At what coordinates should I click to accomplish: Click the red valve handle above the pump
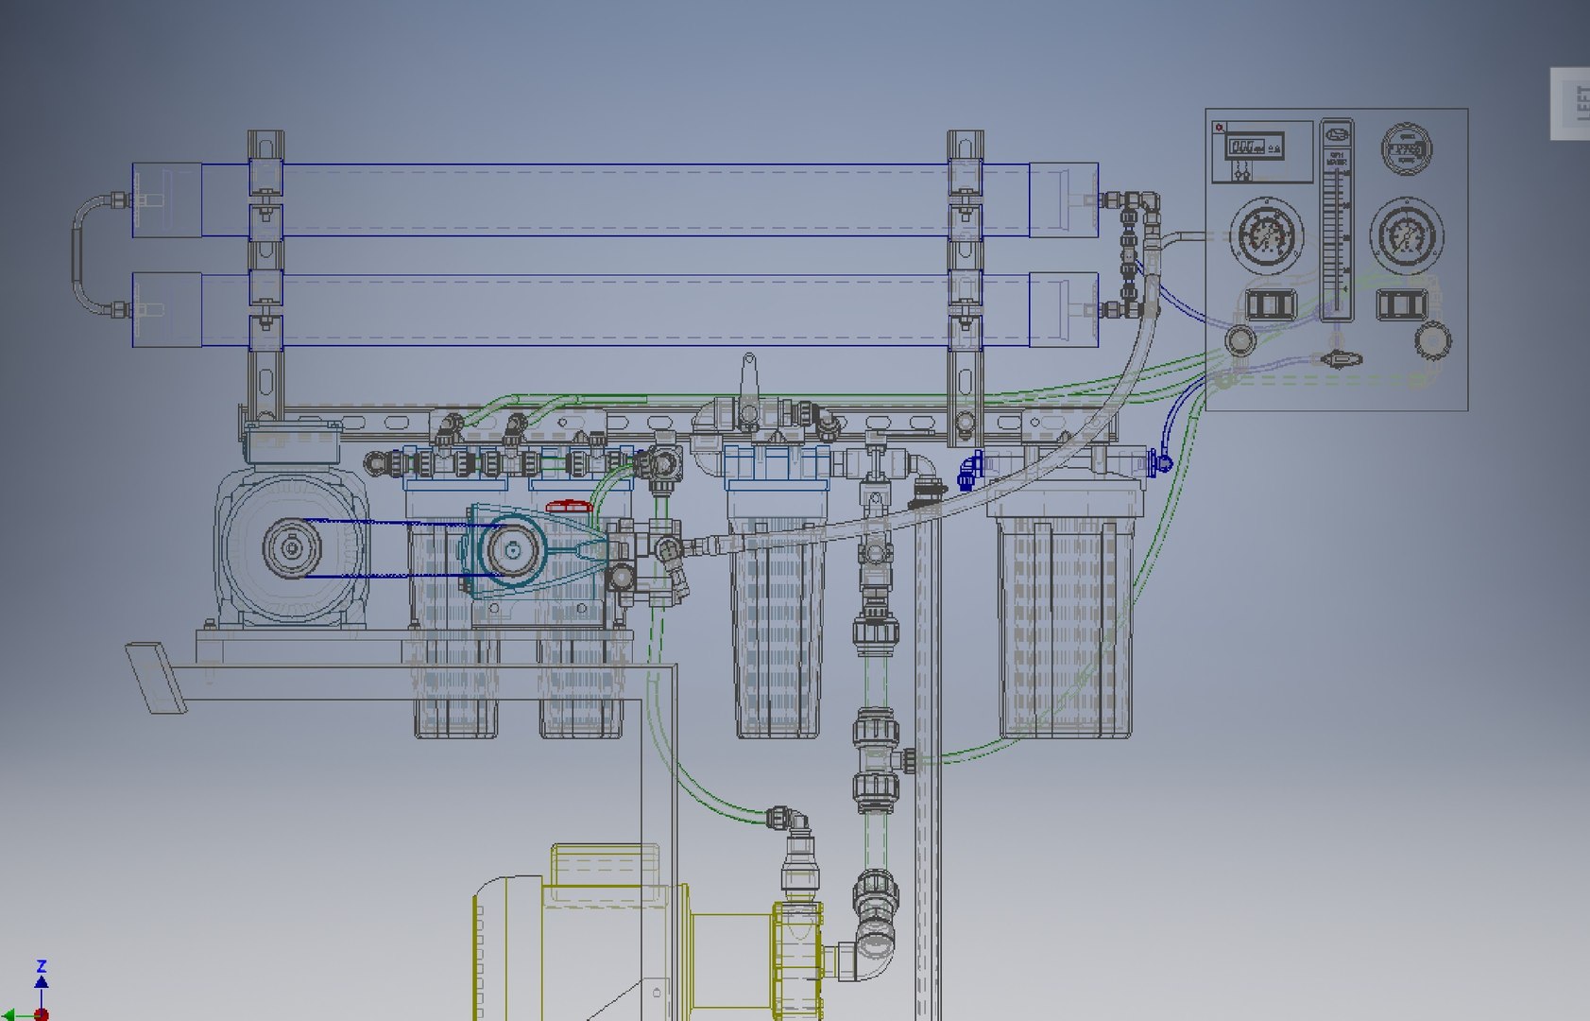coord(569,508)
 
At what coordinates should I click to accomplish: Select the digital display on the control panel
coord(1254,147)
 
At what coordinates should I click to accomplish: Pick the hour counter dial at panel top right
coord(1406,149)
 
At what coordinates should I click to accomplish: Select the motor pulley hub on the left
coord(291,546)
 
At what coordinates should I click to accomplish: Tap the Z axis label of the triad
coord(41,966)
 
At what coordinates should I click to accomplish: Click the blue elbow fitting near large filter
coord(969,469)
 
